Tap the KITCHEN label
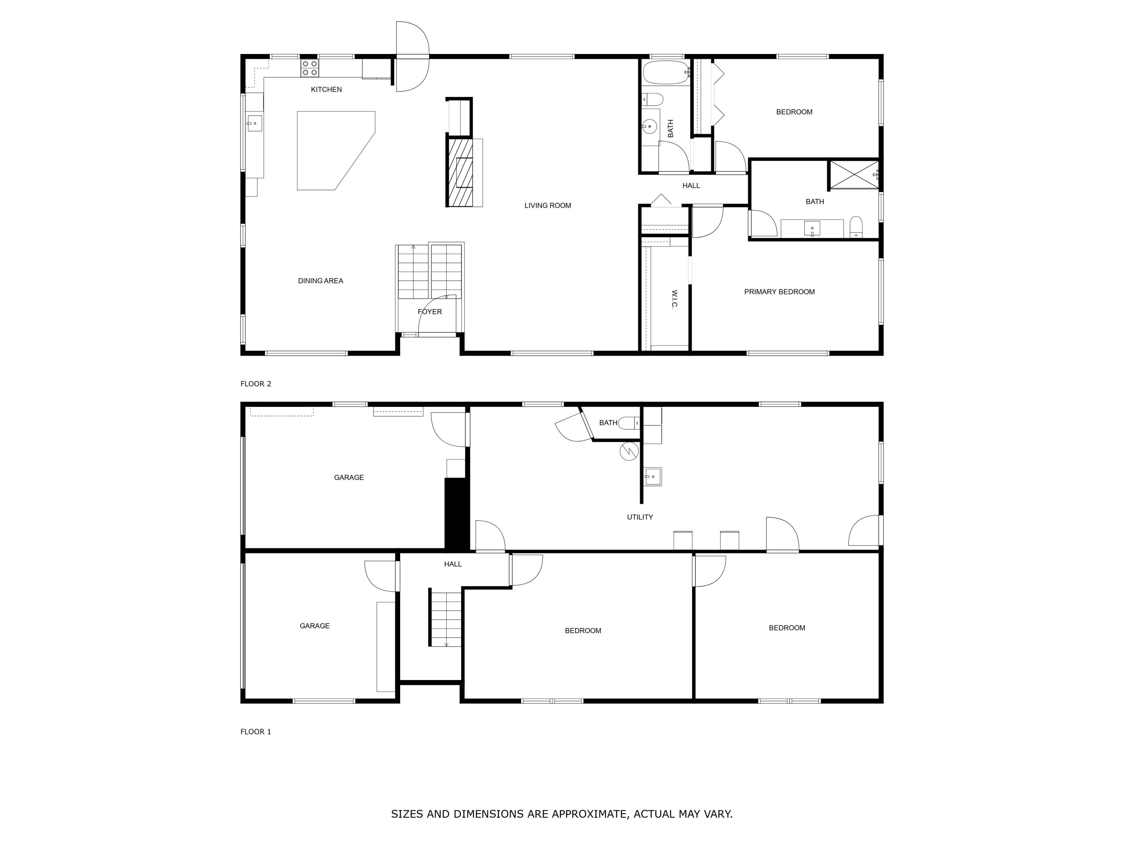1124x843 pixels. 326,90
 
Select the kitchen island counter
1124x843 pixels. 330,147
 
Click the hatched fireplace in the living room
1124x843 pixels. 459,173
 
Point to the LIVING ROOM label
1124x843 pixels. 547,205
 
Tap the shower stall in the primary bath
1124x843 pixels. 853,175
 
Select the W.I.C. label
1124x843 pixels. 674,299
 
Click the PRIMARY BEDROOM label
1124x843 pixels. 779,291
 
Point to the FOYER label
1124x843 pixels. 429,311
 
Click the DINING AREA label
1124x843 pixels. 320,281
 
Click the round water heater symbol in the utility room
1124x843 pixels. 629,451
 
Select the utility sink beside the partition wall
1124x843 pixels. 653,477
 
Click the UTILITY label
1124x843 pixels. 640,517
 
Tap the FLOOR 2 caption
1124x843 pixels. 256,384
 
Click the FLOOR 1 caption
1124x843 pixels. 256,732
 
